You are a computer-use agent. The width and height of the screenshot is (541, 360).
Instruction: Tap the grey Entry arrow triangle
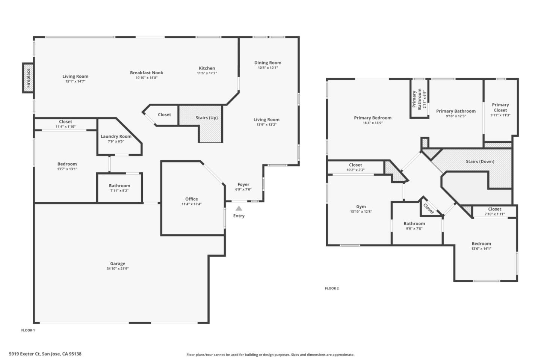239,208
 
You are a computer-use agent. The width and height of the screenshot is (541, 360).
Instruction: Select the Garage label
118,264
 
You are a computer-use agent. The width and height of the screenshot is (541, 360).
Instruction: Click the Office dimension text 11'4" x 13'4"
191,204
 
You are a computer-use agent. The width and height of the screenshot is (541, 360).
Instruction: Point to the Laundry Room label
116,136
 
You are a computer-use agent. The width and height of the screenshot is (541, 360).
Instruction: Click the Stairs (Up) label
206,117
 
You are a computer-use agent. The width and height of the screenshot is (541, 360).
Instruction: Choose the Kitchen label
207,68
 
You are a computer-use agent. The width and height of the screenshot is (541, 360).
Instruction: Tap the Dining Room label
267,63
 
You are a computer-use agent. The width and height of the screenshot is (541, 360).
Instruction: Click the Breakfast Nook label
147,73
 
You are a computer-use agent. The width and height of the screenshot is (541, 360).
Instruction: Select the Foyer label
243,184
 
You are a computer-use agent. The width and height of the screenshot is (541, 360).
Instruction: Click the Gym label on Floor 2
361,206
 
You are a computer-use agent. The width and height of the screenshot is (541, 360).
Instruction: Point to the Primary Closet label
500,107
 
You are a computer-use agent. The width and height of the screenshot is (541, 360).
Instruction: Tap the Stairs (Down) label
480,161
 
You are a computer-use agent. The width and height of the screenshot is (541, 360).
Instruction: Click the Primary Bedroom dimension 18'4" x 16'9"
373,123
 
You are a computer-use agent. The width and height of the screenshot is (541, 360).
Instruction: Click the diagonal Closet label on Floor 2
428,209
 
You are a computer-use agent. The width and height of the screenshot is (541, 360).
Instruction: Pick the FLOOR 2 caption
332,288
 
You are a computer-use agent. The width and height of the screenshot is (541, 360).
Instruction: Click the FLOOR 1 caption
28,330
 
